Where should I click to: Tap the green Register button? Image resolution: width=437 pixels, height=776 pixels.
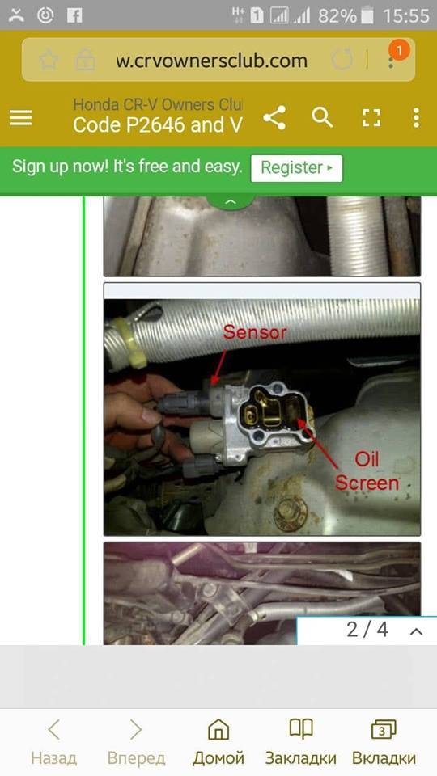tap(296, 168)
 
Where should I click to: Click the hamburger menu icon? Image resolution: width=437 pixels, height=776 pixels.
tap(20, 118)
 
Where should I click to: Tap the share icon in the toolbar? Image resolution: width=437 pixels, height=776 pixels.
tap(274, 118)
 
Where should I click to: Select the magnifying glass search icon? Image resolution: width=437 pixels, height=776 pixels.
tap(322, 118)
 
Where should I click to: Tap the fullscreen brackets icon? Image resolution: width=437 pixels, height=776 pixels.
tap(371, 118)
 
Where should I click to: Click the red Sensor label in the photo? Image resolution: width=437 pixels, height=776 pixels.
tap(254, 332)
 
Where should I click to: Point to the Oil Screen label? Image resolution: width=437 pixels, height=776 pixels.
tap(367, 471)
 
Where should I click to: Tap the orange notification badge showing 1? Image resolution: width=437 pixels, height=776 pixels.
tap(399, 51)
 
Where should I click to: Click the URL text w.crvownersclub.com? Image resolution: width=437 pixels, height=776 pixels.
tap(212, 61)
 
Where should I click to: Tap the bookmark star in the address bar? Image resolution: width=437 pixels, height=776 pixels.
tap(49, 61)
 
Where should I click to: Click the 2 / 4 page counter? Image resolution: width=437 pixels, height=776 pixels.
tap(367, 630)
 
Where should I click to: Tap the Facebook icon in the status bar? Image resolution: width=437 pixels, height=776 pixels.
tap(74, 15)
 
